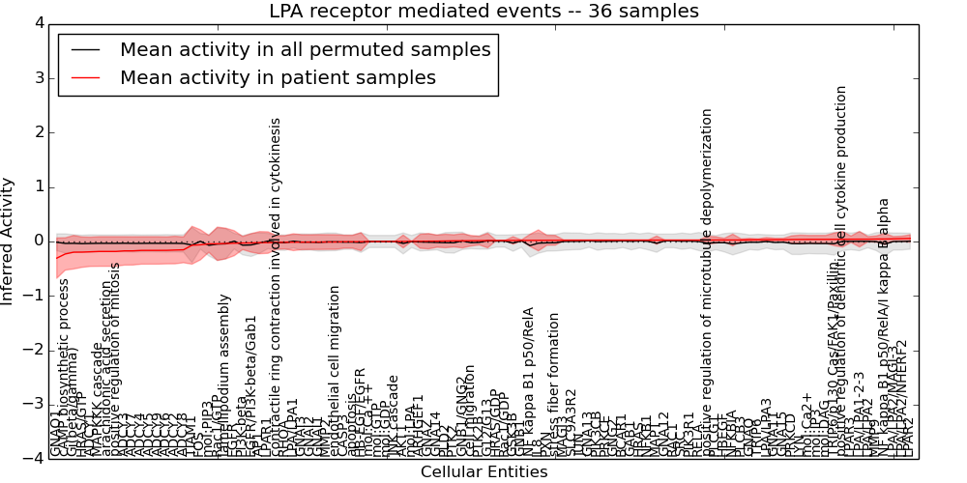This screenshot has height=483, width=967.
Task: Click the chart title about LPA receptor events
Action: (483, 12)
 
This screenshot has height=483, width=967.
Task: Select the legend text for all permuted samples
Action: (305, 50)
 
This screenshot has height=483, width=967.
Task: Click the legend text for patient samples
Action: (278, 78)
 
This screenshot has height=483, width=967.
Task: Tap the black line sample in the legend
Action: (85, 50)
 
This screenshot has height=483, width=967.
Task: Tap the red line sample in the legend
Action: (85, 78)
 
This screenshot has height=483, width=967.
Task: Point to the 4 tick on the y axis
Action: (37, 23)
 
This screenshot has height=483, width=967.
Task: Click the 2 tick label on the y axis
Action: (37, 132)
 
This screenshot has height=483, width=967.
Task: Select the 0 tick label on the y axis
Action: (37, 241)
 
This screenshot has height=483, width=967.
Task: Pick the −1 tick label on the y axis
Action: (33, 296)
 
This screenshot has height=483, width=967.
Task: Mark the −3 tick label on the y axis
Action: (33, 405)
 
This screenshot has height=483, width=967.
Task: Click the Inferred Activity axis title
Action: (9, 241)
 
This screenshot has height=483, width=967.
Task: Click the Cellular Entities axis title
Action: (483, 472)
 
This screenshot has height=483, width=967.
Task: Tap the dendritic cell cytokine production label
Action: (842, 270)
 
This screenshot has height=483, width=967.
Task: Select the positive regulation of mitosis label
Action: (116, 358)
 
